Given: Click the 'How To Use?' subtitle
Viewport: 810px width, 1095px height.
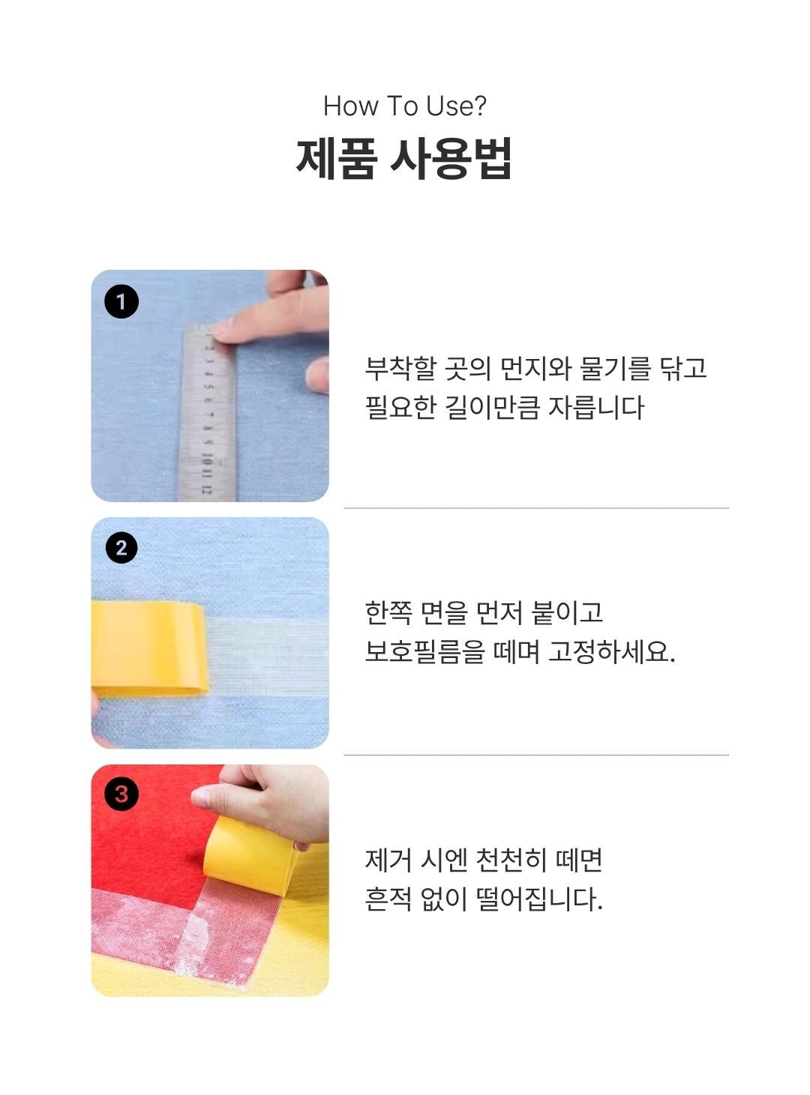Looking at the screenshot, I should click(x=404, y=106).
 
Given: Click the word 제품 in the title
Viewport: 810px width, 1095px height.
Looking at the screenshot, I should click(x=334, y=158).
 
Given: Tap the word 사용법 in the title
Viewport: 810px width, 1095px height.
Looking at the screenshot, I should click(x=451, y=158).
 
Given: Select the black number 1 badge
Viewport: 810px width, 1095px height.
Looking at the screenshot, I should click(x=121, y=302).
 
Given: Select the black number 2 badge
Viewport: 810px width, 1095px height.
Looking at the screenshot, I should click(x=121, y=548).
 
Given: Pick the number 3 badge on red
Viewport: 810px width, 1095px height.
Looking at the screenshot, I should click(x=121, y=794).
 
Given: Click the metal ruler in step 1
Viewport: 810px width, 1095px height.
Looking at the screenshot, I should click(x=208, y=420).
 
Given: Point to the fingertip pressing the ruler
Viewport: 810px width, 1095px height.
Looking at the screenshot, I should click(x=229, y=328).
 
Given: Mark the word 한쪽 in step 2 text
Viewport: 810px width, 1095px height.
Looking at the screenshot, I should click(x=388, y=613).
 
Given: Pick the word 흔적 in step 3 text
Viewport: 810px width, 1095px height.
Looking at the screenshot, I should click(x=388, y=899).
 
